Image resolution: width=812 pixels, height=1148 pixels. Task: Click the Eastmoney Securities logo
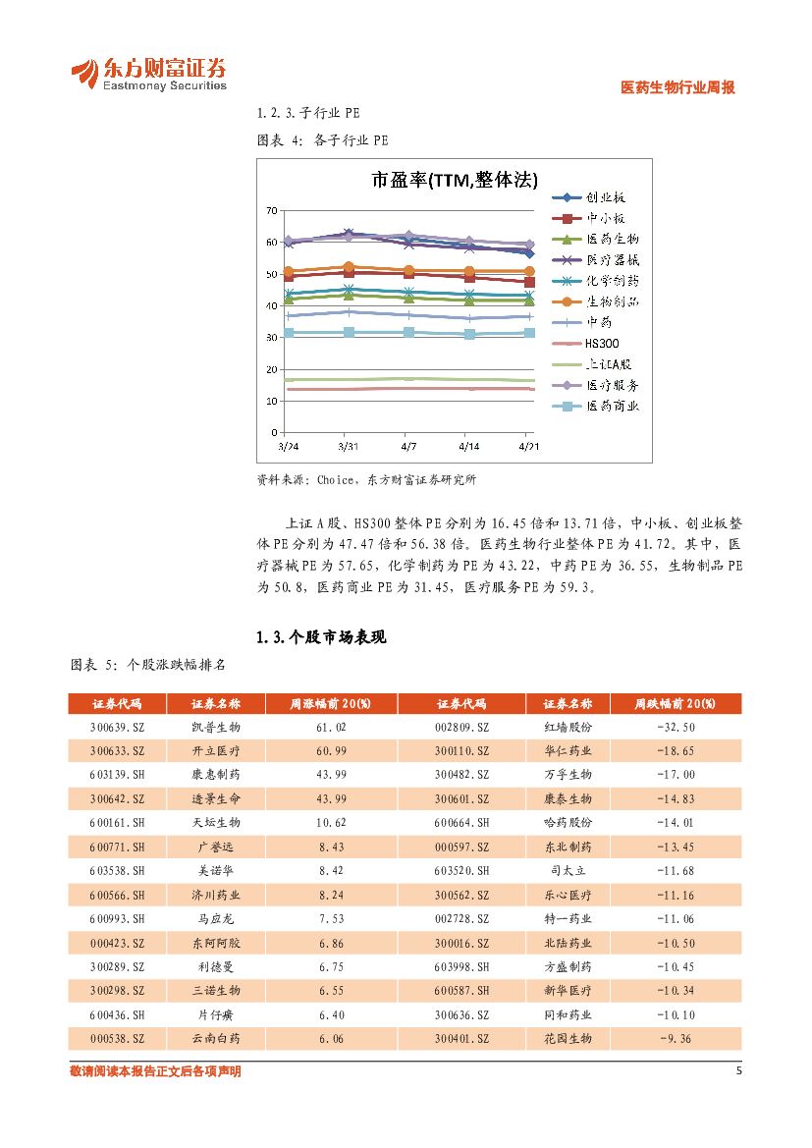tap(148, 74)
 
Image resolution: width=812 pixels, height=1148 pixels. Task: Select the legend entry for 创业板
tap(612, 196)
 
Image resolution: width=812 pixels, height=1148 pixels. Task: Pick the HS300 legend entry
tap(598, 343)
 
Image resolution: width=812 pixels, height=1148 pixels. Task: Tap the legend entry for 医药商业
tap(612, 406)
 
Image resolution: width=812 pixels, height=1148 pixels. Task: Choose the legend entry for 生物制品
tap(612, 301)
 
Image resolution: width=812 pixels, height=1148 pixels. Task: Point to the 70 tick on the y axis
tap(271, 210)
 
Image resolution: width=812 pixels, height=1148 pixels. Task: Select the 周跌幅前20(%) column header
tap(675, 704)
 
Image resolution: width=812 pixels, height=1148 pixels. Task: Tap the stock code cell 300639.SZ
tap(117, 727)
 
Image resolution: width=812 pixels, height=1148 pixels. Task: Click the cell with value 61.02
tap(331, 727)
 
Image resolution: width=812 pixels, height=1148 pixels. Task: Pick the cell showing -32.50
tap(676, 727)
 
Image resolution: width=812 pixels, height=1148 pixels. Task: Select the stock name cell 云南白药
tap(215, 1038)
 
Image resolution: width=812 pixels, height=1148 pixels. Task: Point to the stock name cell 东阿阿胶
tap(215, 943)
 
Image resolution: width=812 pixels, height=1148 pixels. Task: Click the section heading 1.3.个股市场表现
tap(321, 637)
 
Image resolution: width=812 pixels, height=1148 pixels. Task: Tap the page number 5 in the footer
tap(738, 1070)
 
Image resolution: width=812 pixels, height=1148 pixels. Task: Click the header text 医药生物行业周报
tap(678, 87)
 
